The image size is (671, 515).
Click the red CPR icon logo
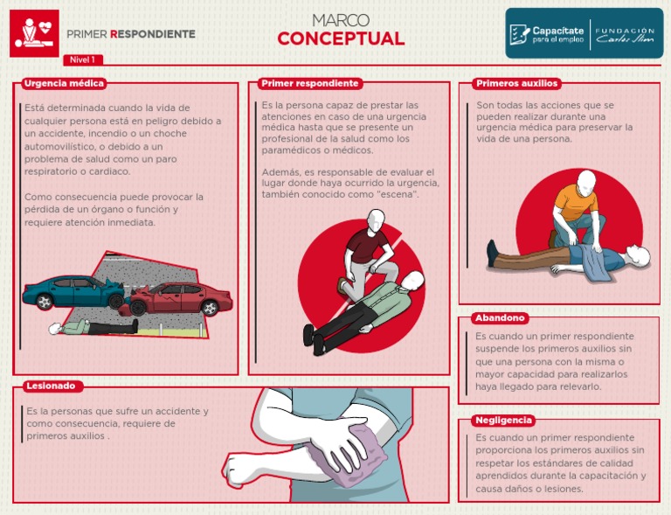(34, 33)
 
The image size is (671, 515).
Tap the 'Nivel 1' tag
(81, 59)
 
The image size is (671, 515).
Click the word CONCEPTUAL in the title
(341, 39)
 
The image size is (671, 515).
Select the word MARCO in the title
(341, 19)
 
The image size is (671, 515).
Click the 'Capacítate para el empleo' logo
(547, 34)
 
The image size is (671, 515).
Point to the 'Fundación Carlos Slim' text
(625, 34)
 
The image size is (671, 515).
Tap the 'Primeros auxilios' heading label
(516, 84)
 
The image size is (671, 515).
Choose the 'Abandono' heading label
(500, 318)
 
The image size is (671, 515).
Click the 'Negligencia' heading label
(504, 421)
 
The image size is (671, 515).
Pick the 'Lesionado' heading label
(50, 386)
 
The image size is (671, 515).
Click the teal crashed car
(66, 291)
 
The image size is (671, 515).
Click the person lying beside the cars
(92, 327)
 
